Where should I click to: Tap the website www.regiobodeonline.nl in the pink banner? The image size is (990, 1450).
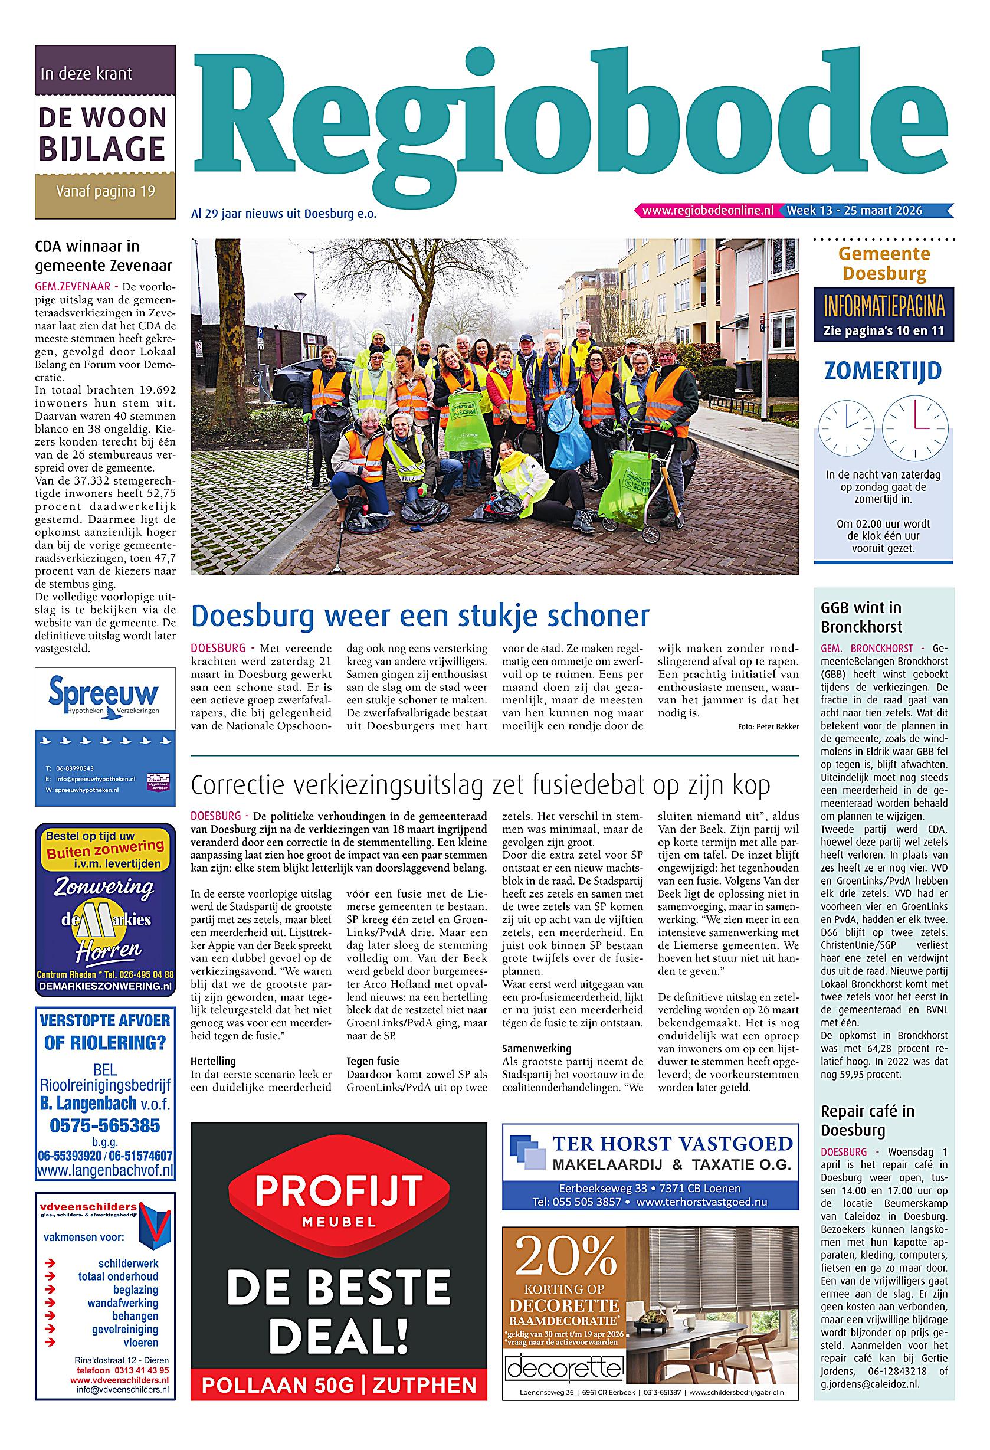[x=707, y=211]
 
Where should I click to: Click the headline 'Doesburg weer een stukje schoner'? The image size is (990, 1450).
[x=420, y=615]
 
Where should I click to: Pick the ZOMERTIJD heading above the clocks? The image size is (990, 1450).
[x=883, y=371]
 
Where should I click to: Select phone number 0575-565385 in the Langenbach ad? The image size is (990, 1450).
[x=105, y=1125]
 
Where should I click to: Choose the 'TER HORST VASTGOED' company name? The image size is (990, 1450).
[x=671, y=1144]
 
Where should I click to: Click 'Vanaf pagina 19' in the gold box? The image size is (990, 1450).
[x=105, y=191]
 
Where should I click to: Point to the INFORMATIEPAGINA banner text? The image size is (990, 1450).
[x=883, y=306]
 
